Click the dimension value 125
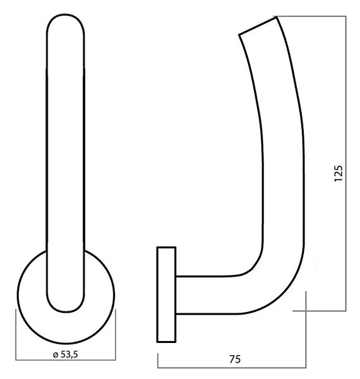(339, 174)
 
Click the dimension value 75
(235, 359)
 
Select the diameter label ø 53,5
(65, 354)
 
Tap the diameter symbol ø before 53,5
(56, 355)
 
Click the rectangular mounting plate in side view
(166, 294)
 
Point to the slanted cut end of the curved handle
(258, 26)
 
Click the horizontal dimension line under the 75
(232, 368)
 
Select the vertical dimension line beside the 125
(345, 164)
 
